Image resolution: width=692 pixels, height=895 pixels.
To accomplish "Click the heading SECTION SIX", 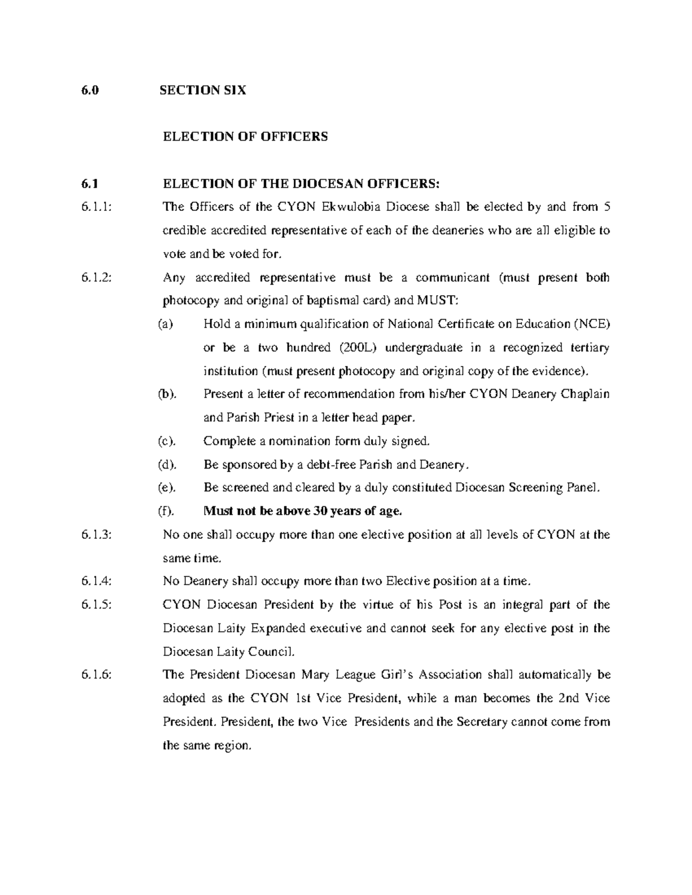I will (x=205, y=90).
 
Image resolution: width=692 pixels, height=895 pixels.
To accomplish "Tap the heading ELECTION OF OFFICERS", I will (x=246, y=137).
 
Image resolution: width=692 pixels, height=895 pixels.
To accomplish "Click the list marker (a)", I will (x=166, y=324).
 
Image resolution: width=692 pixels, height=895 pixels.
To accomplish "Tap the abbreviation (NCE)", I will (x=592, y=324).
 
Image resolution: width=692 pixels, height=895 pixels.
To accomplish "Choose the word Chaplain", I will (x=585, y=395).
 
